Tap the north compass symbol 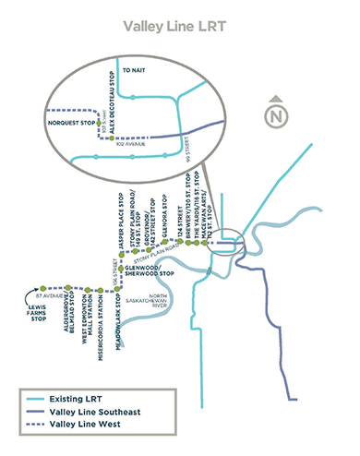click(275, 114)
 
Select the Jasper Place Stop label click(121, 219)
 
